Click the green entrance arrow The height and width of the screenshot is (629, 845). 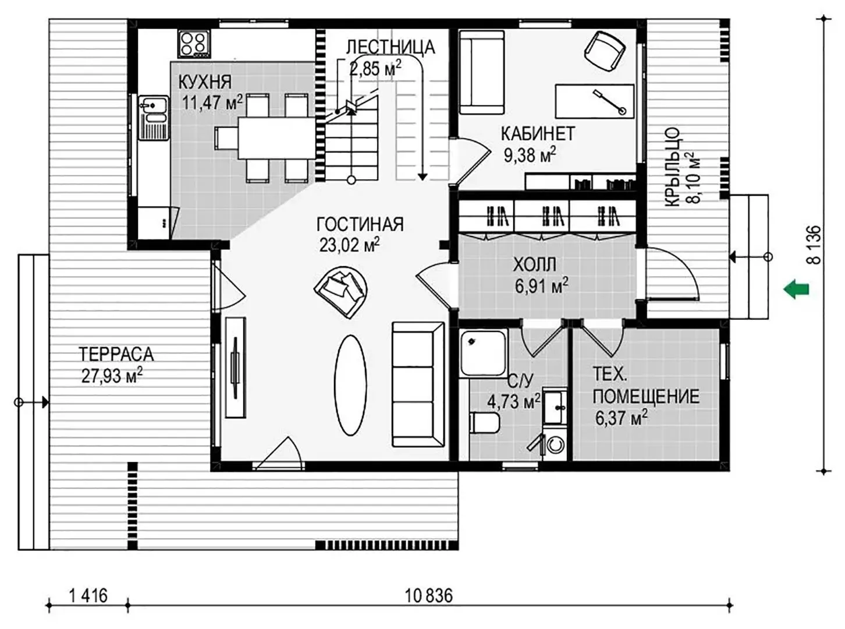pos(796,289)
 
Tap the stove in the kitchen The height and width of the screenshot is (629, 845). pos(194,44)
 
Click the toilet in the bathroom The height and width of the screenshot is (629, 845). pos(484,423)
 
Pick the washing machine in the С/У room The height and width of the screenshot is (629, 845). pos(555,444)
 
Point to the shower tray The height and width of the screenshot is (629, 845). pos(483,352)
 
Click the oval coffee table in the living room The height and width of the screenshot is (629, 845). pos(350,385)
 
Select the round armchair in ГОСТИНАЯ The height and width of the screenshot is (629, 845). pos(342,292)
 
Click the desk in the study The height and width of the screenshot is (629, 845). pos(594,101)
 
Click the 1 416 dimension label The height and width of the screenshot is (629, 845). pos(88,596)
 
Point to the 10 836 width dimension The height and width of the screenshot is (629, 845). pos(428,596)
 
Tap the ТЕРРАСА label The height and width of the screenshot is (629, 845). pos(116,354)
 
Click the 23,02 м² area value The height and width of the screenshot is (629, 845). pos(349,245)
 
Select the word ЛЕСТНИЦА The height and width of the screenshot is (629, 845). pos(390,47)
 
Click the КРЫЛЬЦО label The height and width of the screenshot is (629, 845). pos(673,167)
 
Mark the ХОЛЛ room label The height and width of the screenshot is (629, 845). pos(534,264)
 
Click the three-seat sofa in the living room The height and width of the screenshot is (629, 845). pos(418,384)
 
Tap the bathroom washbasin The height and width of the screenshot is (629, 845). pos(555,407)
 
